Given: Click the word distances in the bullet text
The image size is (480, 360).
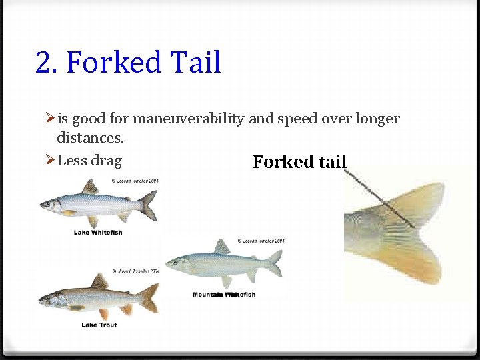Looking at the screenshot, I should (x=89, y=139).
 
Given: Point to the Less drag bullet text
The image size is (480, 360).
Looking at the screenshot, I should (x=89, y=160).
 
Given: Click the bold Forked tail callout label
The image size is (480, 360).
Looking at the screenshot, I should (x=300, y=162).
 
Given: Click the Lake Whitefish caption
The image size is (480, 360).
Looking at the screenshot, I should (x=97, y=232).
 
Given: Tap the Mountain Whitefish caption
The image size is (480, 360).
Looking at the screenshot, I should (x=223, y=295).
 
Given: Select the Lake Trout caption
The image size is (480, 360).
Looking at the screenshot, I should (x=99, y=325).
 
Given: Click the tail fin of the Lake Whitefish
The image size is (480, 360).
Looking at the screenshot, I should (x=150, y=205).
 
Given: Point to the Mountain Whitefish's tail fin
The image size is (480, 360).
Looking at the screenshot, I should (x=274, y=263).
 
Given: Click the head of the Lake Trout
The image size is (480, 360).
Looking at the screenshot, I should (x=48, y=300).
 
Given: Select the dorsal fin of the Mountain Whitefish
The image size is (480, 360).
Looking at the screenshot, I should (x=222, y=248).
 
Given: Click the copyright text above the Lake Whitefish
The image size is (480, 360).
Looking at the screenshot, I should (x=135, y=181).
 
